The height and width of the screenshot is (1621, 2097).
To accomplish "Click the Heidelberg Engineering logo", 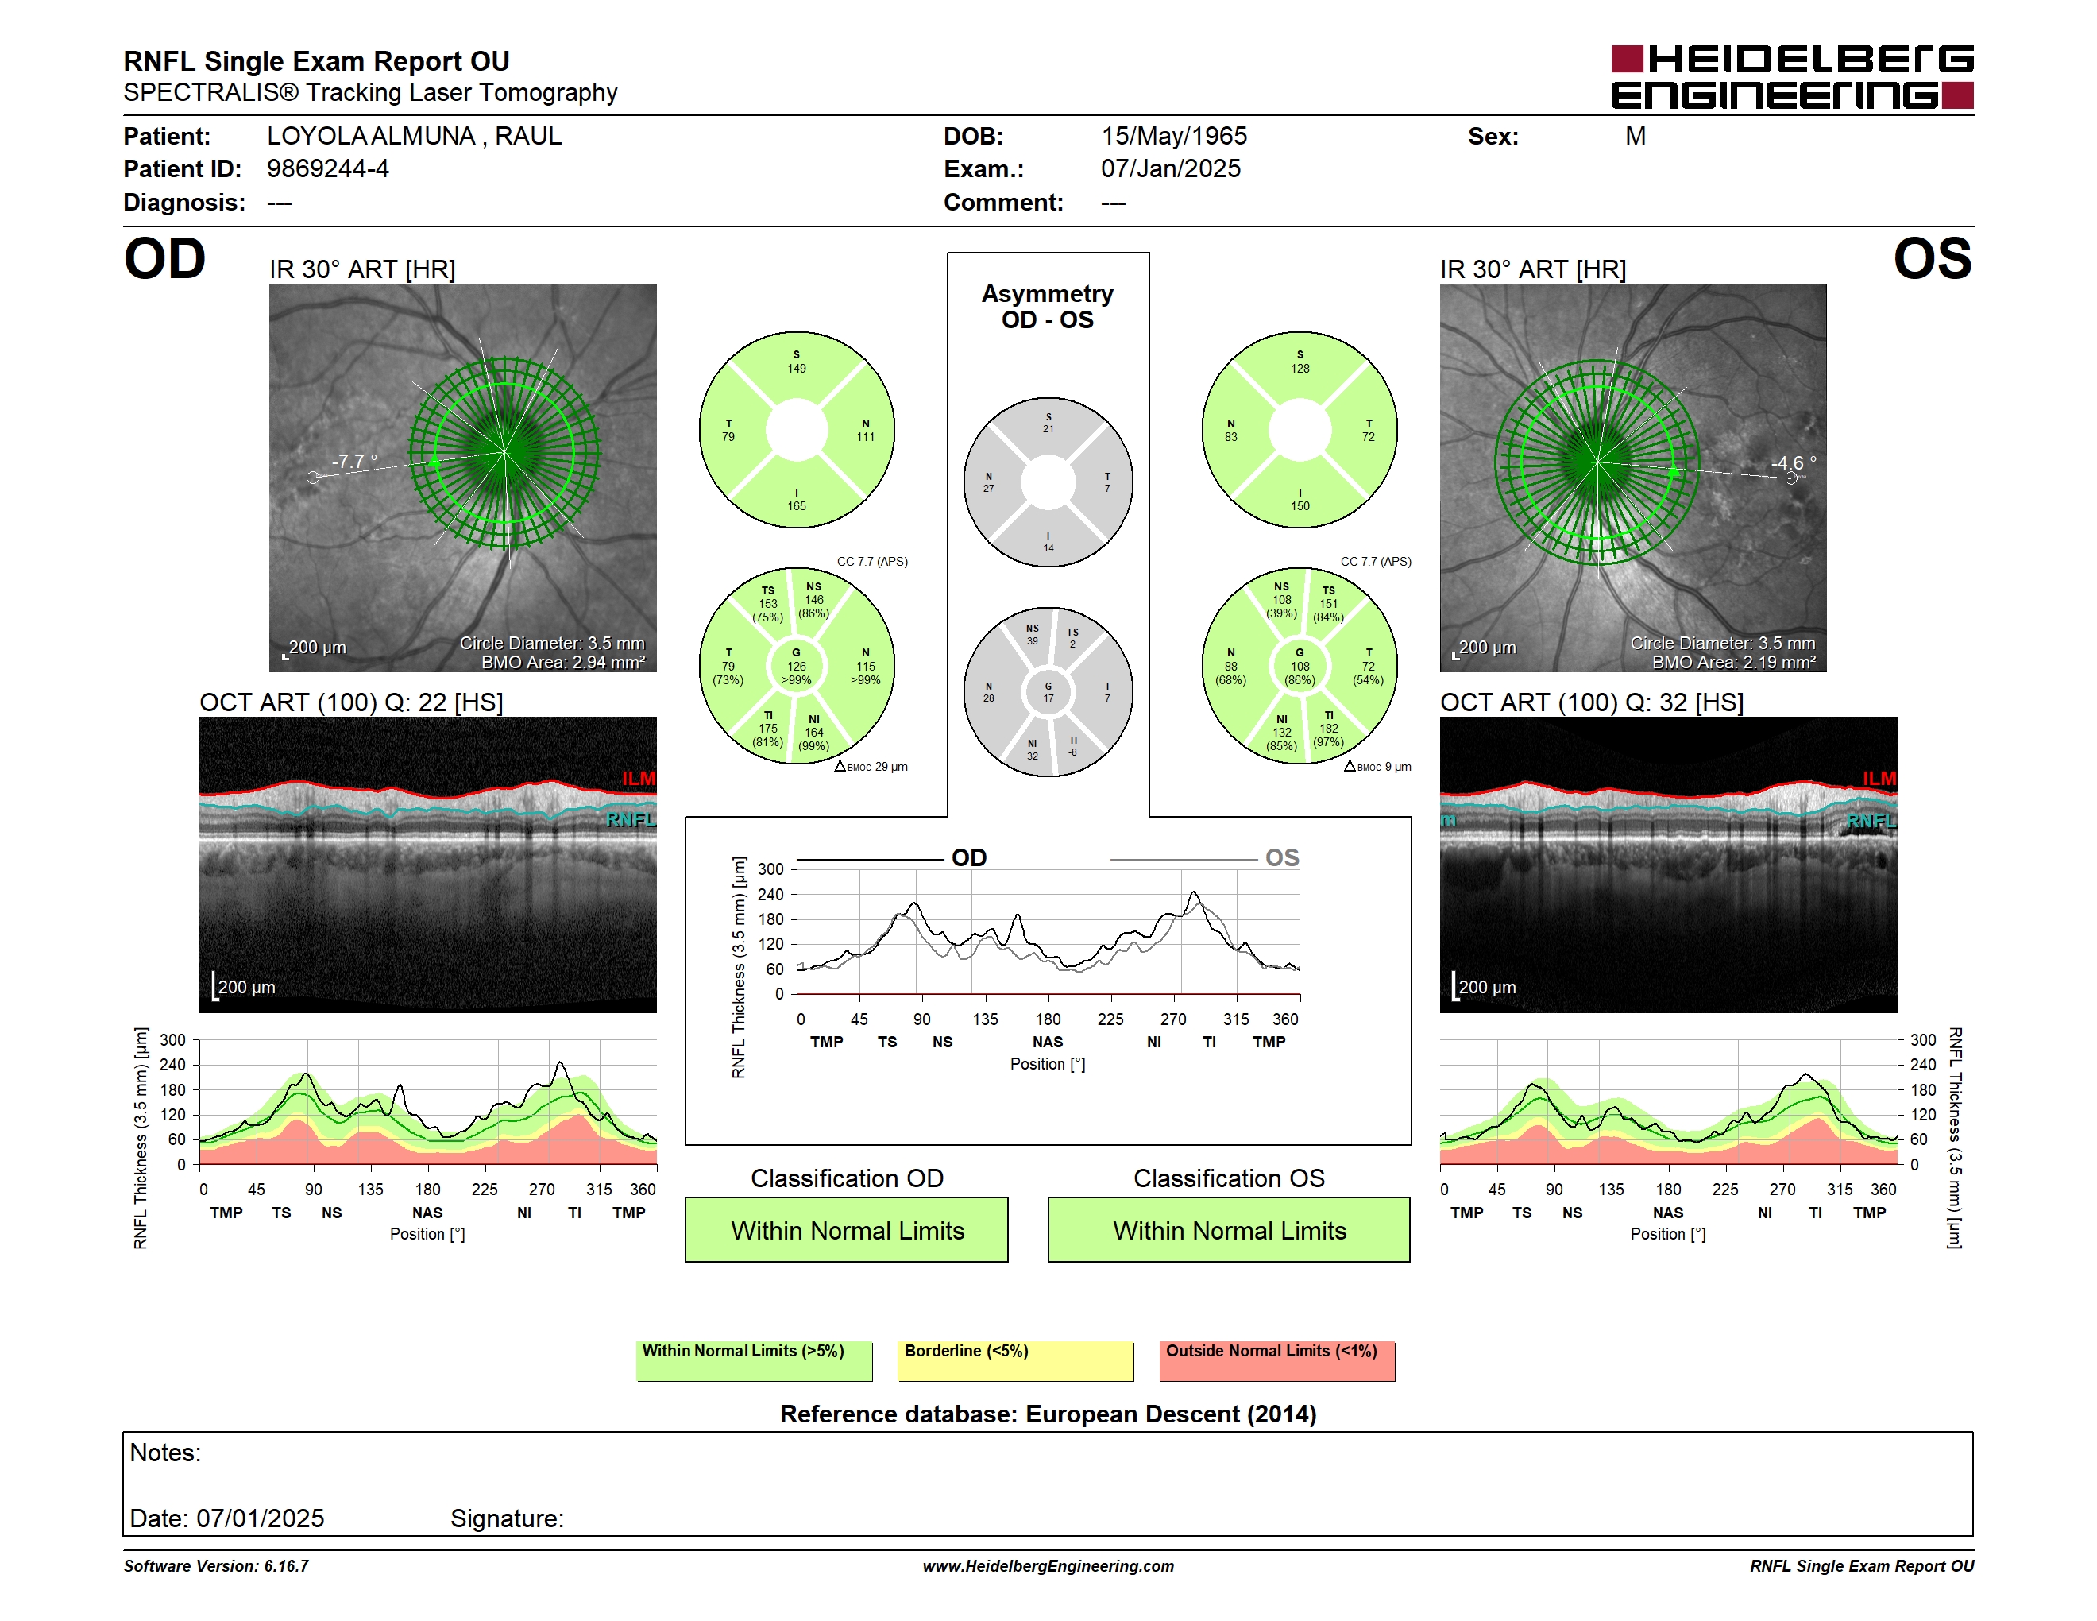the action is pos(1792,77).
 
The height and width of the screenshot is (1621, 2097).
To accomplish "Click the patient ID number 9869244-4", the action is pos(327,169).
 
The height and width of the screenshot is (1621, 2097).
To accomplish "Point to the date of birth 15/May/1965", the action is pos(1173,137).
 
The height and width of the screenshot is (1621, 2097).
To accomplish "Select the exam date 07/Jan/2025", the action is pos(1171,169).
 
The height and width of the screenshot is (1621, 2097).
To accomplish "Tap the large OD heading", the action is pos(165,259).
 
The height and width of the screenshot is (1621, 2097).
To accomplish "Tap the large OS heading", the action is pos(1932,259).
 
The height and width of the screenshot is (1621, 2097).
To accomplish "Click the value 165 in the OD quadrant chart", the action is pos(797,506).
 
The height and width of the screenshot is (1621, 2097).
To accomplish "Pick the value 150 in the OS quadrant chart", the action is pos(1300,506).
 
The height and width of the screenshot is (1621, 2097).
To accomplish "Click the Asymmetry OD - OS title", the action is pos(1048,307).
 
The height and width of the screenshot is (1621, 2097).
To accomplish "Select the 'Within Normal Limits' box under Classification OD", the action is pos(846,1229).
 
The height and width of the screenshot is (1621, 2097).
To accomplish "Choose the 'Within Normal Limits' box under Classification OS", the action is pos(1229,1229).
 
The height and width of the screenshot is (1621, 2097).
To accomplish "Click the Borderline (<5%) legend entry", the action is pos(1015,1360).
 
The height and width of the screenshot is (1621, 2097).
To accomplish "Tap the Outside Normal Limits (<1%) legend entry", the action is pos(1277,1360).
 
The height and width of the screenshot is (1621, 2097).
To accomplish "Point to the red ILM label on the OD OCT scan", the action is pos(639,778).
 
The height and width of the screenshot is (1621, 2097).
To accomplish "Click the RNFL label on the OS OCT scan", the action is pos(1871,821).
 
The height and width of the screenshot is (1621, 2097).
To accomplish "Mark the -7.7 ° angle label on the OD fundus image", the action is pos(354,461).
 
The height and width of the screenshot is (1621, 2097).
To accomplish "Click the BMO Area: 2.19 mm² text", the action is pos(1733,662).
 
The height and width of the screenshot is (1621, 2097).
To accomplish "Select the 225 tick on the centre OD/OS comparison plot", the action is pos(1111,1019).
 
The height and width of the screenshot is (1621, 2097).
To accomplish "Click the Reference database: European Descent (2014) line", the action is pos(1048,1414).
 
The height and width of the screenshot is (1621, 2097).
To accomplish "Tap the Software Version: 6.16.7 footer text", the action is pos(216,1565).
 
